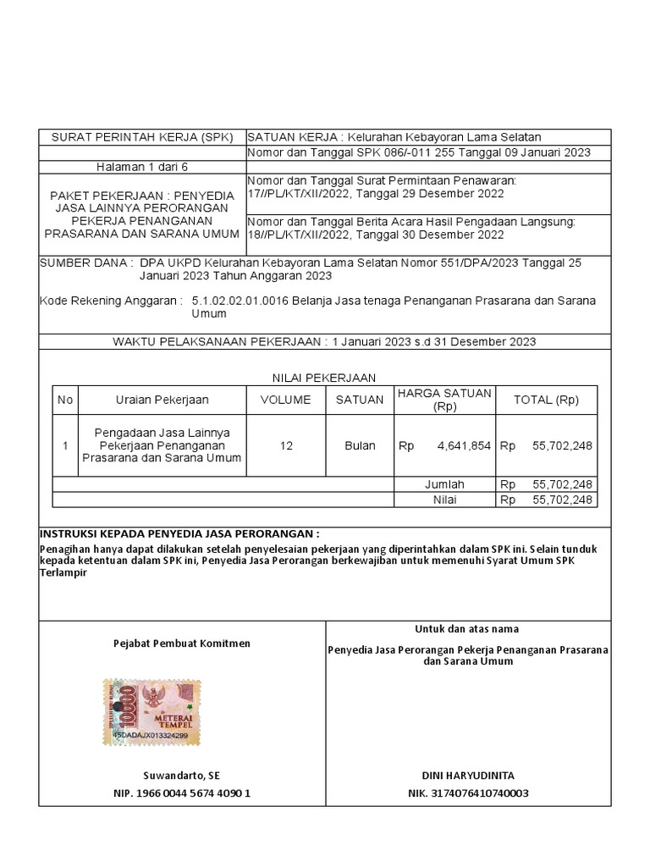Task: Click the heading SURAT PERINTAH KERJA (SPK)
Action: pyautogui.click(x=141, y=137)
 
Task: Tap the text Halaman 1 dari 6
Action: pyautogui.click(x=141, y=167)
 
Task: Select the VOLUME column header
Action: pyautogui.click(x=285, y=400)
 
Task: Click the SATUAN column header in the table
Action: pyautogui.click(x=360, y=400)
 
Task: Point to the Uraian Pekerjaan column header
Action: pyautogui.click(x=162, y=400)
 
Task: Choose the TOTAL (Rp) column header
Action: pyautogui.click(x=546, y=400)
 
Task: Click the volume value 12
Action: pyautogui.click(x=286, y=445)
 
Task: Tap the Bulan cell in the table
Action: pyautogui.click(x=360, y=445)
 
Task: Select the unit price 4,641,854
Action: pyautogui.click(x=464, y=445)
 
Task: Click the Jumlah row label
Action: pyautogui.click(x=444, y=484)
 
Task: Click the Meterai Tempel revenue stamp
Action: pyautogui.click(x=152, y=712)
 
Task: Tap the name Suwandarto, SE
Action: pyautogui.click(x=182, y=776)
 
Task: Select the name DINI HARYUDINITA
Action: pyautogui.click(x=468, y=776)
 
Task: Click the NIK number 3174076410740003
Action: pyautogui.click(x=468, y=793)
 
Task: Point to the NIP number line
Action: pyautogui.click(x=182, y=793)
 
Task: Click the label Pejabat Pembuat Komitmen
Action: pyautogui.click(x=182, y=643)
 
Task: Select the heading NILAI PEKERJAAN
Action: pyautogui.click(x=323, y=378)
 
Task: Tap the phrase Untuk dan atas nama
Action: pyautogui.click(x=467, y=629)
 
